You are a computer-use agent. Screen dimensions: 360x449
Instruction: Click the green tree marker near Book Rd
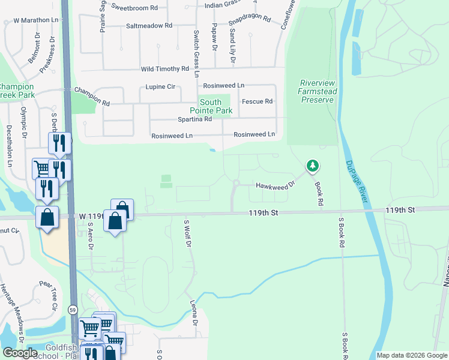[312, 165]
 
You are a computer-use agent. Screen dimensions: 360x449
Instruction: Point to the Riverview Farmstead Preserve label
[318, 91]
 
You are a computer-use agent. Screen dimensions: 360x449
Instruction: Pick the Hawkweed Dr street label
[276, 186]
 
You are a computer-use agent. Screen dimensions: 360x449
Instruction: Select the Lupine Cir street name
[160, 87]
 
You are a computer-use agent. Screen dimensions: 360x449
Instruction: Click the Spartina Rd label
[191, 119]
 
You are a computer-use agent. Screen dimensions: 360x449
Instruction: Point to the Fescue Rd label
[257, 101]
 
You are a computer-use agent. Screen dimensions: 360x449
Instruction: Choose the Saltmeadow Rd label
[149, 26]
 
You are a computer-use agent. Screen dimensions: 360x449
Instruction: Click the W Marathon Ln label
[33, 20]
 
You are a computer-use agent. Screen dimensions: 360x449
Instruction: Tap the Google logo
[20, 353]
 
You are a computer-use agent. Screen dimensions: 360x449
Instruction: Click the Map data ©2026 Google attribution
[411, 355]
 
